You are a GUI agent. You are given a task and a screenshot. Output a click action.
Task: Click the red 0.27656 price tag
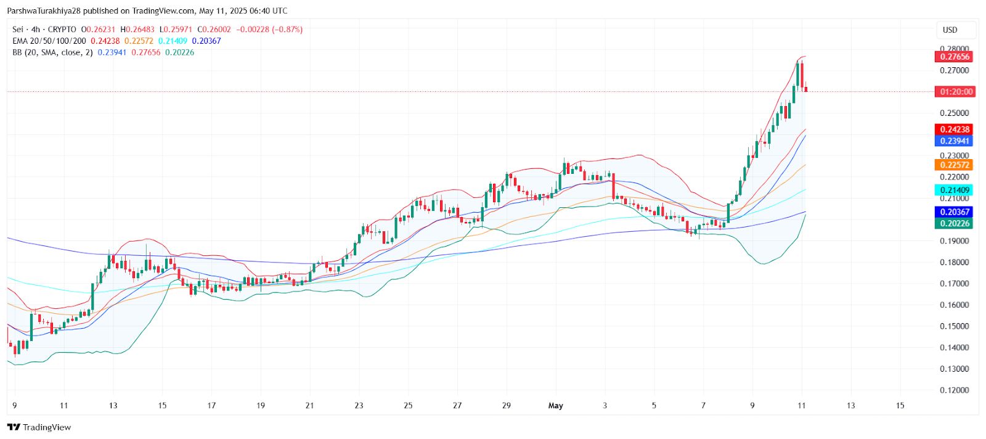pyautogui.click(x=955, y=57)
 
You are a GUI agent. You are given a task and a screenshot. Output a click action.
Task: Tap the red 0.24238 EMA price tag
pyautogui.click(x=955, y=129)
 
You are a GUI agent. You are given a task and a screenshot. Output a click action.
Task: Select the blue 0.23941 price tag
pyautogui.click(x=955, y=141)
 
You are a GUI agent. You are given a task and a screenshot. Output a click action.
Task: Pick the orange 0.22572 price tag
pyautogui.click(x=955, y=165)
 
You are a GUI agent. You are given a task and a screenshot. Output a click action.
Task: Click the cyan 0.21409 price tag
pyautogui.click(x=955, y=191)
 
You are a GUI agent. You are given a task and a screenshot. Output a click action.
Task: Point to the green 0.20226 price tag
pyautogui.click(x=955, y=223)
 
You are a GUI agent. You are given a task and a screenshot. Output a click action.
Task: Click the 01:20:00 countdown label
pyautogui.click(x=956, y=92)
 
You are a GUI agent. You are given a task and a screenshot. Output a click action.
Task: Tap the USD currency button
pyautogui.click(x=950, y=30)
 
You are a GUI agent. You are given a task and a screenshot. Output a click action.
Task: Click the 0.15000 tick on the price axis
pyautogui.click(x=954, y=326)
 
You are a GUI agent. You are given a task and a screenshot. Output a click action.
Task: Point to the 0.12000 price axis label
pyautogui.click(x=954, y=390)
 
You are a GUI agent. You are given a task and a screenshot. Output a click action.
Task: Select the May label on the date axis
pyautogui.click(x=555, y=406)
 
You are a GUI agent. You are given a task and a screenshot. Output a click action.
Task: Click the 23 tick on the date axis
pyautogui.click(x=359, y=406)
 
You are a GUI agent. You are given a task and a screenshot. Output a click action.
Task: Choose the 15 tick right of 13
pyautogui.click(x=900, y=406)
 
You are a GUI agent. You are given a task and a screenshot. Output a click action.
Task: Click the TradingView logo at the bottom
pyautogui.click(x=39, y=427)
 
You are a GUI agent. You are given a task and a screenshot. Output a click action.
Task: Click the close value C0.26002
pyautogui.click(x=214, y=30)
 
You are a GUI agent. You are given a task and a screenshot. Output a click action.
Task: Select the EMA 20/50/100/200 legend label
pyautogui.click(x=49, y=41)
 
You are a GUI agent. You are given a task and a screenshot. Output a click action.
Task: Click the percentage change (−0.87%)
pyautogui.click(x=287, y=30)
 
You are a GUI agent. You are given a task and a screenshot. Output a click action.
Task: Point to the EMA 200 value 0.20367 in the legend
pyautogui.click(x=206, y=41)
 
